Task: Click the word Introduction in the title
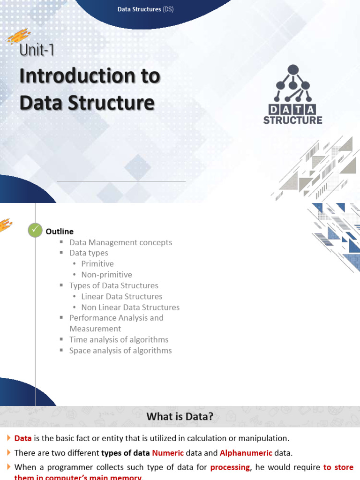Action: pyautogui.click(x=90, y=76)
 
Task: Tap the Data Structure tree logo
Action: pyautogui.click(x=293, y=84)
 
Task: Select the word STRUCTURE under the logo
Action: pyautogui.click(x=292, y=120)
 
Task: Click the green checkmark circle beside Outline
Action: pyautogui.click(x=35, y=230)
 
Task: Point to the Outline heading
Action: pyautogui.click(x=60, y=232)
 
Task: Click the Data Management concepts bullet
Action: pyautogui.click(x=120, y=242)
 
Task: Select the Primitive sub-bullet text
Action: pyautogui.click(x=97, y=264)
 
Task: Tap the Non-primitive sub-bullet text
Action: pyautogui.click(x=106, y=275)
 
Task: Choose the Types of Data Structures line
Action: pyautogui.click(x=114, y=285)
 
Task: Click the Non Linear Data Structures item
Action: pyautogui.click(x=130, y=307)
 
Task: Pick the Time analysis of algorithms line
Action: pyautogui.click(x=119, y=339)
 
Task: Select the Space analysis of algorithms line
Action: pyautogui.click(x=120, y=351)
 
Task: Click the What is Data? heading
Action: pyautogui.click(x=180, y=416)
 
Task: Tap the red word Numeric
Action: pyautogui.click(x=167, y=453)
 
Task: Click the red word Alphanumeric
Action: pyautogui.click(x=246, y=453)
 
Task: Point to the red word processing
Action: pyautogui.click(x=230, y=467)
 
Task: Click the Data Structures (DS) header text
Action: pyautogui.click(x=145, y=9)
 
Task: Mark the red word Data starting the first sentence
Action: pyautogui.click(x=23, y=438)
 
